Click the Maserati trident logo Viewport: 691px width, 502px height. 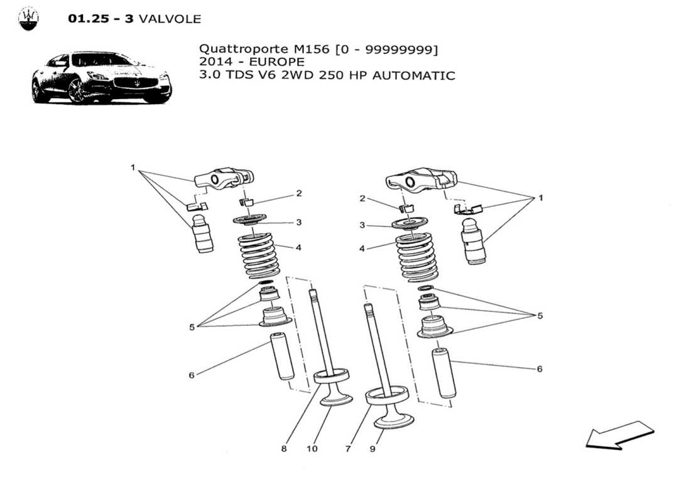28,19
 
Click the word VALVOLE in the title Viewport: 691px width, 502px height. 170,19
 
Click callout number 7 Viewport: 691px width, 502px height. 347,449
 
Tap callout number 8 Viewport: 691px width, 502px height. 284,449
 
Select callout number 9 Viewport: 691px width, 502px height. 372,449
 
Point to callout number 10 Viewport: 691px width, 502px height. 312,449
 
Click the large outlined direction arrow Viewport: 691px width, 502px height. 619,435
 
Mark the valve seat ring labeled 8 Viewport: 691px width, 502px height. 331,377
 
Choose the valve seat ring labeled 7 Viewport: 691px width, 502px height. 388,397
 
